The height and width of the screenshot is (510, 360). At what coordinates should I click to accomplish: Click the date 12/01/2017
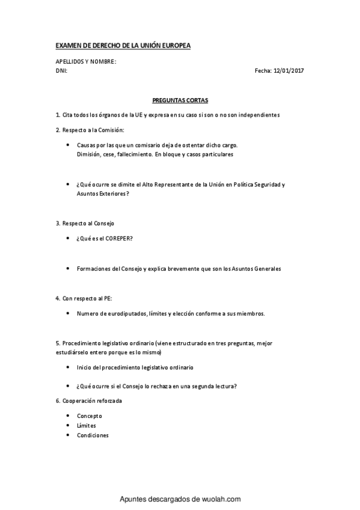click(288, 71)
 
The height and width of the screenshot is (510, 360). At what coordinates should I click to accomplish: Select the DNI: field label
click(61, 71)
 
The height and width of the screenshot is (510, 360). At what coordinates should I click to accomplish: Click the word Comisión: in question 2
click(111, 130)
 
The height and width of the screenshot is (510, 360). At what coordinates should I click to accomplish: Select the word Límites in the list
click(87, 425)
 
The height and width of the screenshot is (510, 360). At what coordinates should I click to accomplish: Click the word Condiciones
click(93, 435)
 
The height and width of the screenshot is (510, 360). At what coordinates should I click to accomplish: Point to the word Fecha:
click(263, 71)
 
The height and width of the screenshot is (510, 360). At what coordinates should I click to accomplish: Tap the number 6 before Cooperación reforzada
click(56, 401)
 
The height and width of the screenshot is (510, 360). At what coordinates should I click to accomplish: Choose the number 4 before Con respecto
click(56, 298)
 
